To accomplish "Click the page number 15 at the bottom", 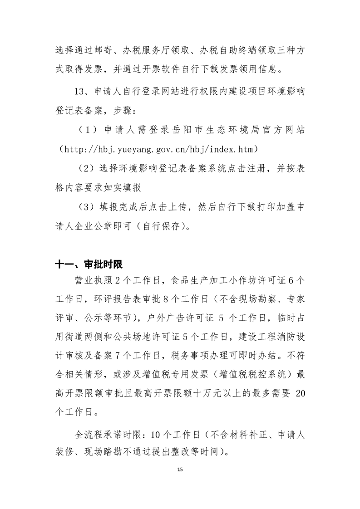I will pos(180,468).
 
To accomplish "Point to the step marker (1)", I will pos(87,130).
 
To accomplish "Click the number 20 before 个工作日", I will pos(301,394).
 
